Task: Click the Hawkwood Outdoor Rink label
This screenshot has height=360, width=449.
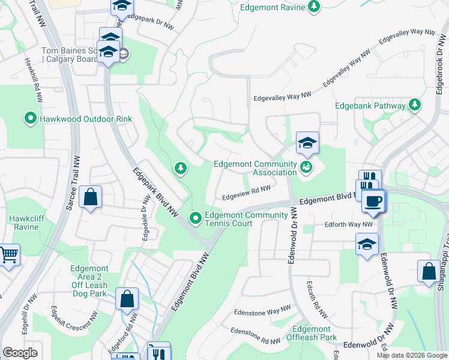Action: [x=85, y=119]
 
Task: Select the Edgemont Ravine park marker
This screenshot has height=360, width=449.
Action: [x=313, y=7]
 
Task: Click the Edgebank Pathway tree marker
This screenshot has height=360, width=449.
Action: [x=414, y=106]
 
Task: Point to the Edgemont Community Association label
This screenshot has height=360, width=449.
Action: [x=256, y=169]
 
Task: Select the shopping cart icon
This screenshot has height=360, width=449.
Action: [x=8, y=255]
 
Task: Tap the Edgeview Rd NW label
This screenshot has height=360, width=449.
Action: [x=246, y=193]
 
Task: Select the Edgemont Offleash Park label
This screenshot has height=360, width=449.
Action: [x=312, y=333]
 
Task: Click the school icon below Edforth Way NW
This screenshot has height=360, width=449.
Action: [x=367, y=244]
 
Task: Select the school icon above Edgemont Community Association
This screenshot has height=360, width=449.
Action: [x=307, y=143]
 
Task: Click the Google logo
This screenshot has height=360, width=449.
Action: [x=20, y=353]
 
